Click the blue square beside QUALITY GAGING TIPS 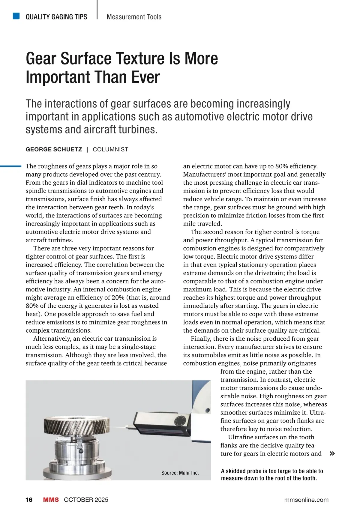coord(16,16)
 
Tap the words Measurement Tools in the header coord(134,17)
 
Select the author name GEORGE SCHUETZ coord(54,149)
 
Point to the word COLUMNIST coord(110,149)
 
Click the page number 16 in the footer coord(29,500)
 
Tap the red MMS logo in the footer coord(51,500)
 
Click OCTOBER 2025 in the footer coord(86,500)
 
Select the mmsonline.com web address coord(306,500)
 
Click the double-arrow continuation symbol coord(332,453)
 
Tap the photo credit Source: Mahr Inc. coord(180,473)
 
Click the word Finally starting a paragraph coord(201,339)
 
